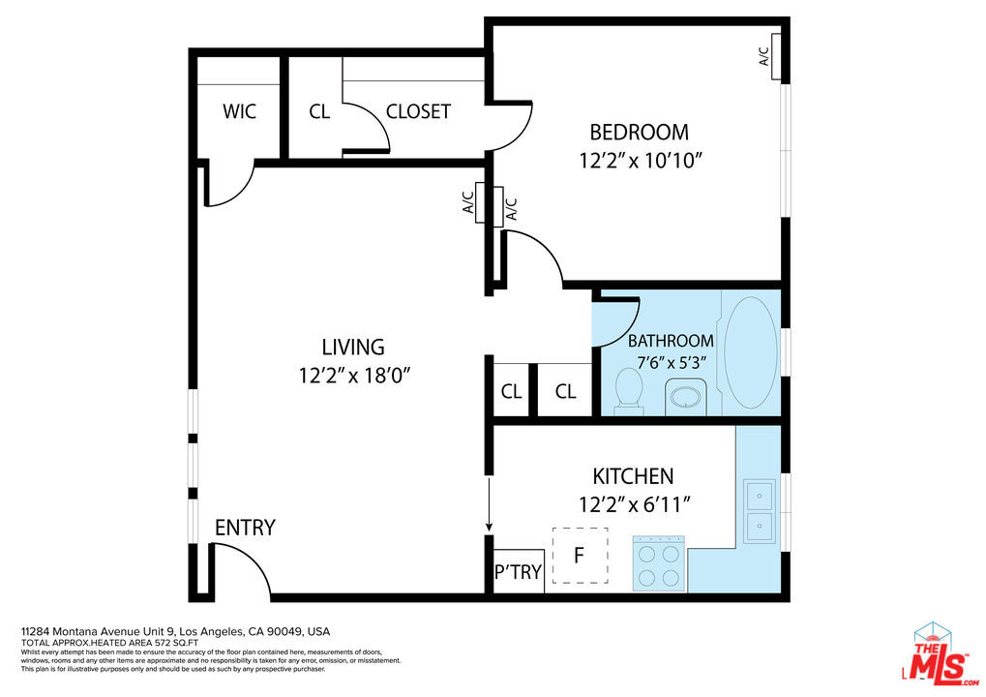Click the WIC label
239,111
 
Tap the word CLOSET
418,111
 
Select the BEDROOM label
639,133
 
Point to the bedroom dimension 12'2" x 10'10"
640,161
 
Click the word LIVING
353,347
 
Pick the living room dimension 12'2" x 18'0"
362,376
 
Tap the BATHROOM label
671,341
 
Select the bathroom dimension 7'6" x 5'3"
672,363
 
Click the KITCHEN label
633,476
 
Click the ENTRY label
245,528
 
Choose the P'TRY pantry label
518,572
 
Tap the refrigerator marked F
579,556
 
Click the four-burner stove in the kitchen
659,563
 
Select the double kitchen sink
759,511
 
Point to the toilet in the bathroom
629,392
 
